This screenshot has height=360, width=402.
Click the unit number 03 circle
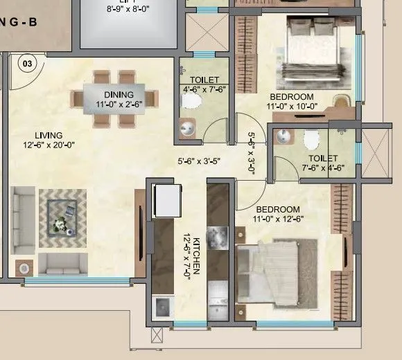pyautogui.click(x=27, y=64)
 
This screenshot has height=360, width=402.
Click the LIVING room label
pyautogui.click(x=49, y=135)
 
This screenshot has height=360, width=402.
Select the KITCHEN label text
pyautogui.click(x=196, y=256)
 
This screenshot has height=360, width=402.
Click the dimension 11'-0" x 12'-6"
pyautogui.click(x=278, y=219)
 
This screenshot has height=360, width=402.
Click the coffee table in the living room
pyautogui.click(x=63, y=218)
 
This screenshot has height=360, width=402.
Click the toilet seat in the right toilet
pyautogui.click(x=311, y=140)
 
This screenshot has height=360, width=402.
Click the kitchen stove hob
pyautogui.click(x=219, y=235)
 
